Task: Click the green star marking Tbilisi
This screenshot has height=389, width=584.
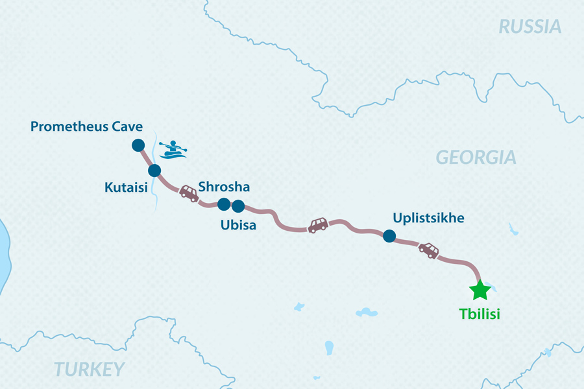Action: (480, 290)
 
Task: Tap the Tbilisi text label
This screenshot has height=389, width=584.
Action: (480, 314)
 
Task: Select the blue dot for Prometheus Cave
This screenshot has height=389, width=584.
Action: (138, 146)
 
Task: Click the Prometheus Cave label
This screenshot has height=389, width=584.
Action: (86, 126)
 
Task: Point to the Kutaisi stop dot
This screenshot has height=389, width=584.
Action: (154, 171)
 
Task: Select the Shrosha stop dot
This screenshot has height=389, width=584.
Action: (223, 204)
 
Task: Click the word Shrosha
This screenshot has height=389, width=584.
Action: (224, 187)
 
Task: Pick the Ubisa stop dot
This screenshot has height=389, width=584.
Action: (238, 206)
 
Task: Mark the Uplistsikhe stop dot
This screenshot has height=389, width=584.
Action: (389, 236)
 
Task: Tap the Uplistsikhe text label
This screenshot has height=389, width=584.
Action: (428, 218)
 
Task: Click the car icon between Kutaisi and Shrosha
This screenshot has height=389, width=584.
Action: (189, 193)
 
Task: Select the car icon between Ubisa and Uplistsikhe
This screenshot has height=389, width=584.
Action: (317, 225)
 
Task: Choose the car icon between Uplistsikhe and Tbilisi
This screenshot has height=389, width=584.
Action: (428, 250)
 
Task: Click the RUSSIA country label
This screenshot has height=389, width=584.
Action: (529, 27)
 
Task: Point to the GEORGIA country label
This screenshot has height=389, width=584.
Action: (476, 158)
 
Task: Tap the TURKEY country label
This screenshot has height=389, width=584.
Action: (89, 370)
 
